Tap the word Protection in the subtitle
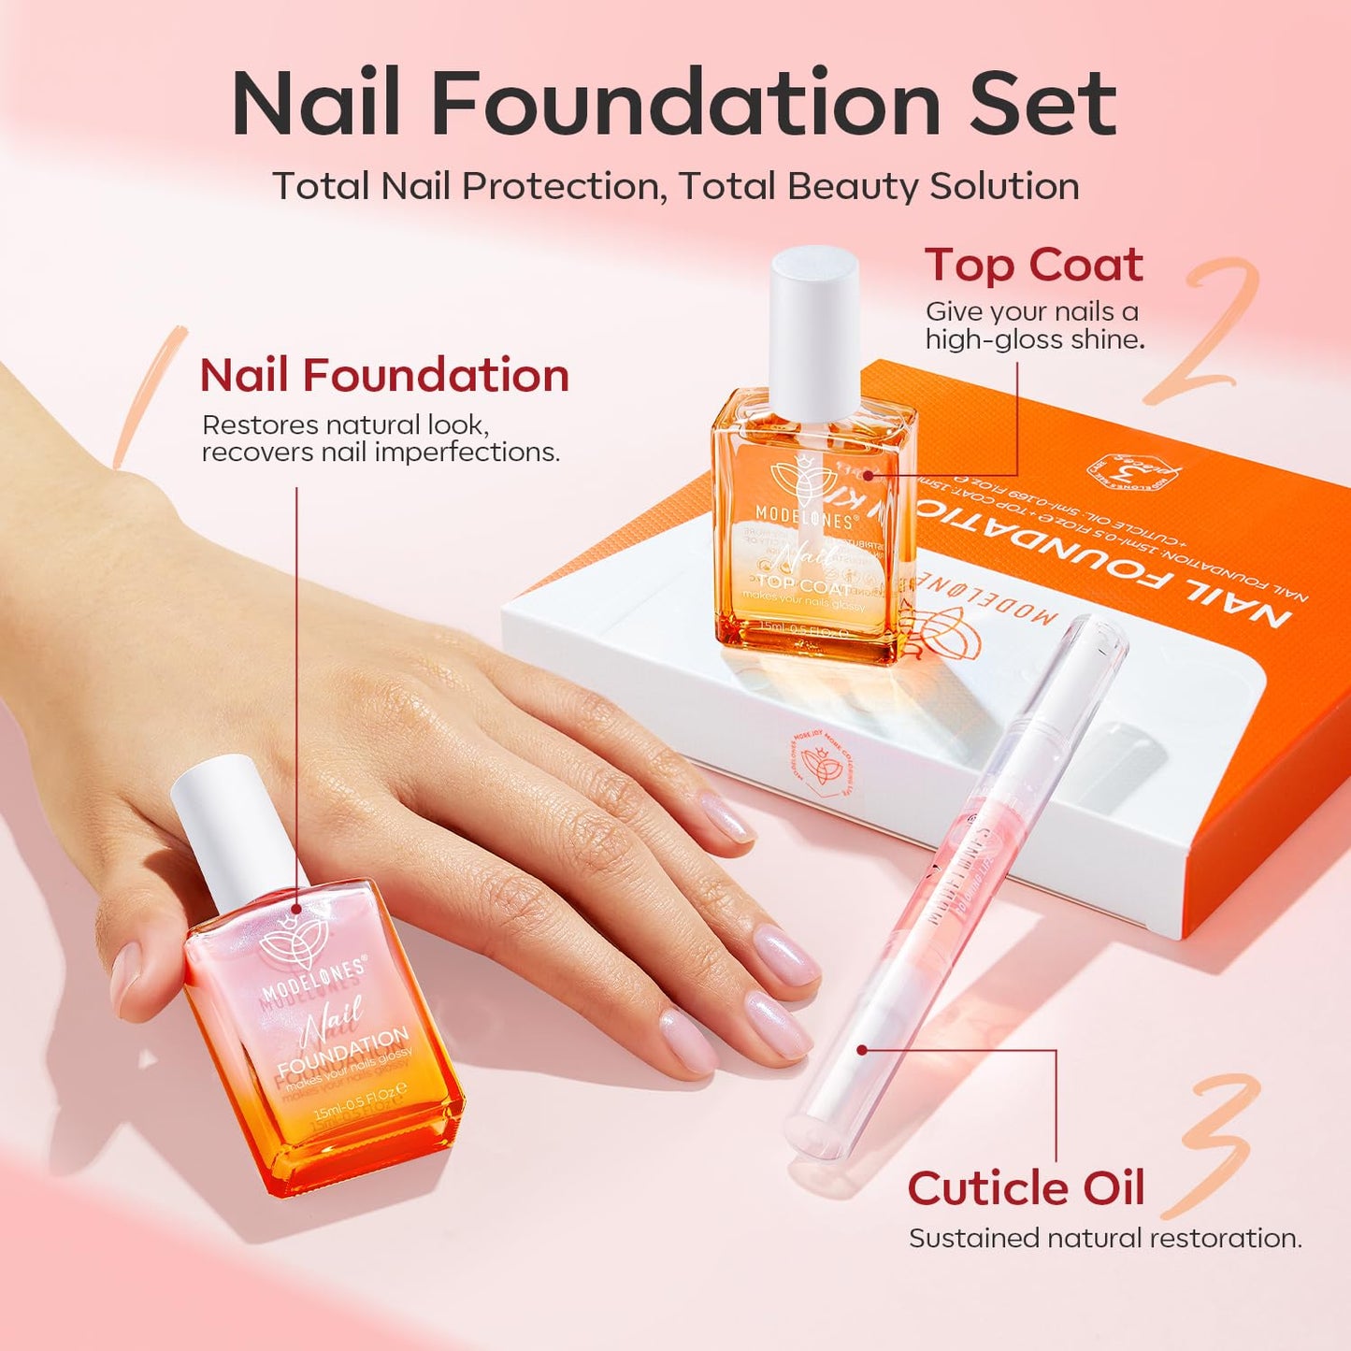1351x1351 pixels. point(560,186)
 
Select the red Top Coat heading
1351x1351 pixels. point(1033,266)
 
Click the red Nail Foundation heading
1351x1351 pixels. point(384,376)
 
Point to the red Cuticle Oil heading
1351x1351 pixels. point(1026,1189)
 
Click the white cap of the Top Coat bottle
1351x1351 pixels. point(814,332)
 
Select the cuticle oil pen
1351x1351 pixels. point(954,888)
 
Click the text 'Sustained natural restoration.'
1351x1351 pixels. point(1105,1239)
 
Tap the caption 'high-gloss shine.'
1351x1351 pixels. point(1034,339)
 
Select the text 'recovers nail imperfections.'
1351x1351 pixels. point(381,453)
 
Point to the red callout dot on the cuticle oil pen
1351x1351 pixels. point(862,1050)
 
